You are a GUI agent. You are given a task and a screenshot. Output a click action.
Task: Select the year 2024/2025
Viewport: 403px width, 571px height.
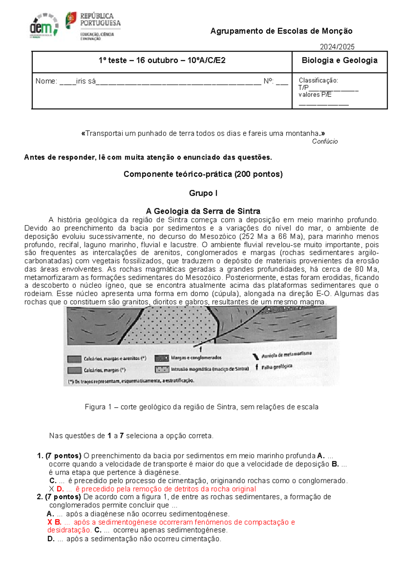pyautogui.click(x=337, y=47)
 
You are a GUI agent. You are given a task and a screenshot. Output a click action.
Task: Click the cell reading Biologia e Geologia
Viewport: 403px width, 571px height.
pyautogui.click(x=340, y=60)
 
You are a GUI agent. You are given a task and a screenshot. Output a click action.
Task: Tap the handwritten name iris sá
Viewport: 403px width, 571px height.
pyautogui.click(x=86, y=81)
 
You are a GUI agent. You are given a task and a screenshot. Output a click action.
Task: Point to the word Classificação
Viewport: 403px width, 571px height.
pyautogui.click(x=318, y=81)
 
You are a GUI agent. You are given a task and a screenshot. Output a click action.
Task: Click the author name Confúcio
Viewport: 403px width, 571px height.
pyautogui.click(x=325, y=141)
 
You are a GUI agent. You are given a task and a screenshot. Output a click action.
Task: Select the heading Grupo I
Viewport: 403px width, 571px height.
pyautogui.click(x=203, y=193)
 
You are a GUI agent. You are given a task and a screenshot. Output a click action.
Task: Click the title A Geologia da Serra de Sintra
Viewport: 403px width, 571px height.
pyautogui.click(x=203, y=211)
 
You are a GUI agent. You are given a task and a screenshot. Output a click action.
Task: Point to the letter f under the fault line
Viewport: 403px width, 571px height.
pyautogui.click(x=201, y=350)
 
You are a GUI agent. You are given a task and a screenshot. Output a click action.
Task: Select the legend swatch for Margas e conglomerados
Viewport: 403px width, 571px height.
pyautogui.click(x=162, y=358)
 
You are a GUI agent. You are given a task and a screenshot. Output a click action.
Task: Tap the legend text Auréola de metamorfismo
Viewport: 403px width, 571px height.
pyautogui.click(x=286, y=355)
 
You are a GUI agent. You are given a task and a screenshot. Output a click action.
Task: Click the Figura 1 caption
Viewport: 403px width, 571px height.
pyautogui.click(x=201, y=407)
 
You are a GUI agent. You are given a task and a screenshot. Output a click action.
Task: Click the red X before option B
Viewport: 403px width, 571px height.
pyautogui.click(x=50, y=522)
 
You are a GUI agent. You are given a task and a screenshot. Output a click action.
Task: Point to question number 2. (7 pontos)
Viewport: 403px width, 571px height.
pyautogui.click(x=59, y=497)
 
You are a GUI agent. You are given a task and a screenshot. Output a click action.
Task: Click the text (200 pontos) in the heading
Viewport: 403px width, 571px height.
pyautogui.click(x=259, y=174)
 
